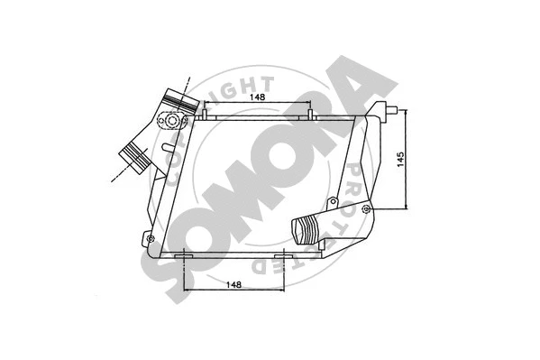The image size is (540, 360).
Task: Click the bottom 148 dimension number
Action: tap(233, 285)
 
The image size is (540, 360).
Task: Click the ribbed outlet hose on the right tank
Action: tap(306, 232)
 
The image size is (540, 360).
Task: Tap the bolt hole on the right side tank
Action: tap(366, 209)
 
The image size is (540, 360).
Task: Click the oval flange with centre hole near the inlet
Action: tap(169, 120)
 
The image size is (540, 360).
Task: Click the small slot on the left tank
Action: tap(167, 145)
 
